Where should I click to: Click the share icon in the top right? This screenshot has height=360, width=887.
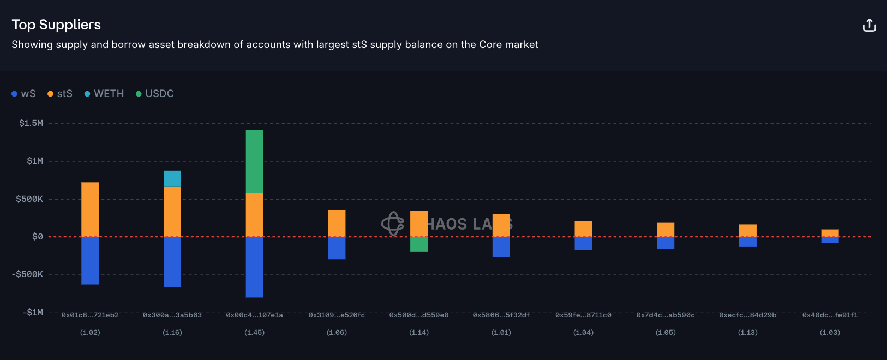pos(869,25)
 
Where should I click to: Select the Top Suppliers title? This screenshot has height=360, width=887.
pos(56,25)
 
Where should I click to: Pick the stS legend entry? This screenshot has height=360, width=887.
pos(60,94)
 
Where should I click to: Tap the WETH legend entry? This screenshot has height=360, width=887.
pos(104,94)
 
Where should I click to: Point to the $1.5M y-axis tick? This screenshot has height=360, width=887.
pos(31,123)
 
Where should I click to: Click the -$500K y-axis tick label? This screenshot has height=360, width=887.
pos(27,274)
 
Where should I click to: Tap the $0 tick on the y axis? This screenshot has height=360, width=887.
pos(38,237)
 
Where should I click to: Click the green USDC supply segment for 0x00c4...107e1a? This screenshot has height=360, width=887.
pos(254,161)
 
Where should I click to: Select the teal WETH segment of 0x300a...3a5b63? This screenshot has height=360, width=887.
pos(172,178)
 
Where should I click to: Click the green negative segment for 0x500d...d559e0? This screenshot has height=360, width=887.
pos(419,244)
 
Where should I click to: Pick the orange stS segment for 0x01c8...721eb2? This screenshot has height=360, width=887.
pos(90,209)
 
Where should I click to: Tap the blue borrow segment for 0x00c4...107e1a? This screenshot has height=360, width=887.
pos(254,267)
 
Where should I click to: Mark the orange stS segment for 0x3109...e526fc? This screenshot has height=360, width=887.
pos(337,223)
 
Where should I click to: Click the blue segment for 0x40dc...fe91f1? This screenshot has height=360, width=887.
pos(830,240)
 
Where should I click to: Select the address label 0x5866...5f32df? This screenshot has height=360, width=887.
pos(501,315)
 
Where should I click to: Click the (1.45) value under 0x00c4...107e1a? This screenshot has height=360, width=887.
pos(254,333)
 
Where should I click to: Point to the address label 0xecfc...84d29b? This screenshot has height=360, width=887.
pos(747,315)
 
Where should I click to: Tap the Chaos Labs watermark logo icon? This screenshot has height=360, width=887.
pos(392,224)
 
